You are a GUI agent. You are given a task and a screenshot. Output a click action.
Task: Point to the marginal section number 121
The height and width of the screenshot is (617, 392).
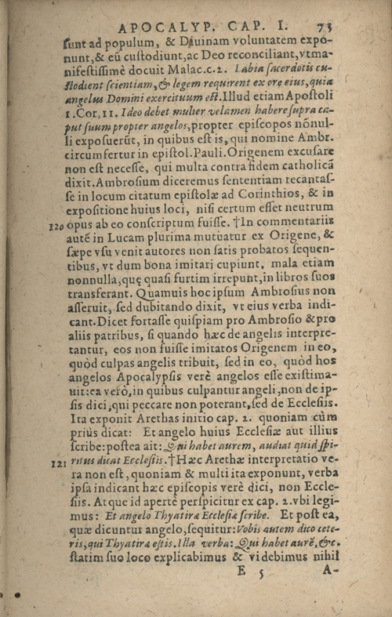(54, 463)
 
